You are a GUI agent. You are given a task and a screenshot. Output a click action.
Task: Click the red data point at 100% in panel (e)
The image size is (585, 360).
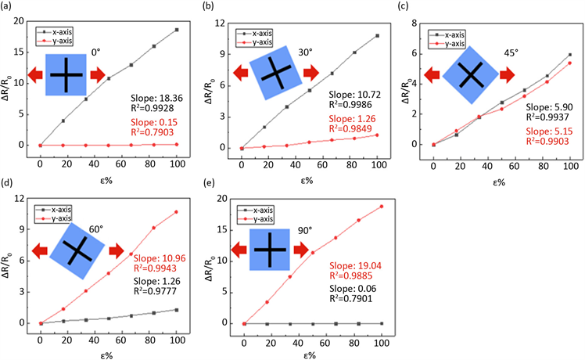point(382,207)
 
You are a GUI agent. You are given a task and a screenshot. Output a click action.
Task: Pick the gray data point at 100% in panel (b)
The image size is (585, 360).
point(378,35)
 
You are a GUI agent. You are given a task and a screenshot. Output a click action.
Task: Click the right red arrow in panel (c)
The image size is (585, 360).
point(508,74)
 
